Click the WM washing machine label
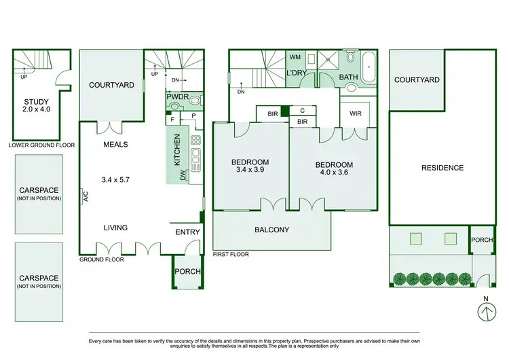click(x=296, y=57)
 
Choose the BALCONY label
click(x=271, y=230)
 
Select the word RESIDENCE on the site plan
click(x=442, y=168)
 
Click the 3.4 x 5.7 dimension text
click(x=115, y=180)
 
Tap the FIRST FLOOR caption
click(x=231, y=254)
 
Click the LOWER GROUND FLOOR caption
click(x=41, y=145)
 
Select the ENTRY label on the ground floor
click(x=187, y=232)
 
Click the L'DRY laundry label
click(x=296, y=73)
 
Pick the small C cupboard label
click(x=302, y=110)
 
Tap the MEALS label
click(x=115, y=145)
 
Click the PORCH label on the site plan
click(x=482, y=239)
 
